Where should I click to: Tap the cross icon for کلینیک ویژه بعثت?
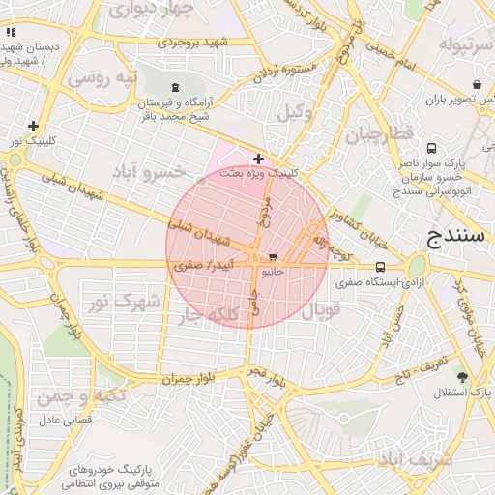tap(258, 159)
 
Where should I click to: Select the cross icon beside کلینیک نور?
tap(34, 126)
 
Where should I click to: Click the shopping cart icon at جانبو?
tap(273, 258)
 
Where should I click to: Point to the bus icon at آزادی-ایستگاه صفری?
tap(379, 267)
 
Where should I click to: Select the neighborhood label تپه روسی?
tap(107, 76)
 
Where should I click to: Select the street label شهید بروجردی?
tap(196, 43)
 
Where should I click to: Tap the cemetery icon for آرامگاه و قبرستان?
tap(174, 88)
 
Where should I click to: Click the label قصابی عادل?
tap(63, 422)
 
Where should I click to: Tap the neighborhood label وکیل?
tap(295, 112)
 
